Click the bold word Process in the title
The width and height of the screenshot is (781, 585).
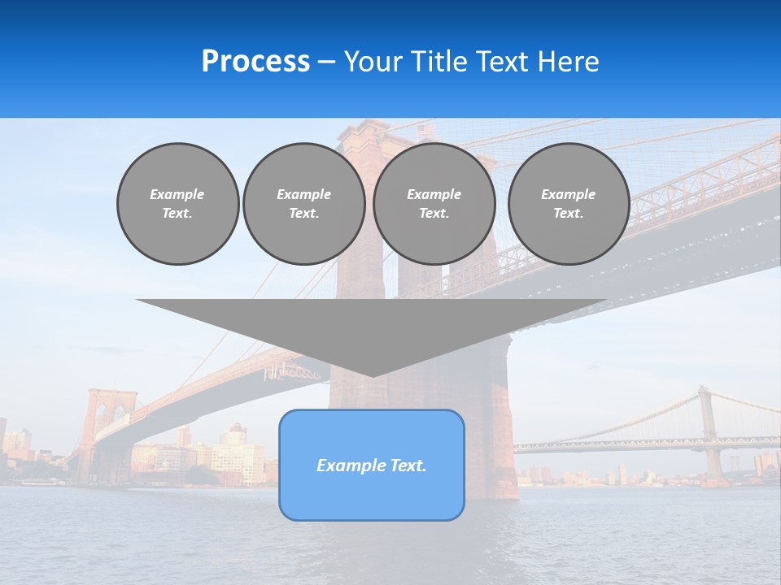tap(255, 62)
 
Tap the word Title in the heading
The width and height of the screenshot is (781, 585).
tap(438, 62)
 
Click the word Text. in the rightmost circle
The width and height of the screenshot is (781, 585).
tap(568, 214)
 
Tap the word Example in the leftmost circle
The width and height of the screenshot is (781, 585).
tap(177, 194)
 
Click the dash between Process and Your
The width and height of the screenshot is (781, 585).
tap(327, 62)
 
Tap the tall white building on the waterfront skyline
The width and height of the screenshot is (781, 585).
tap(236, 455)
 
